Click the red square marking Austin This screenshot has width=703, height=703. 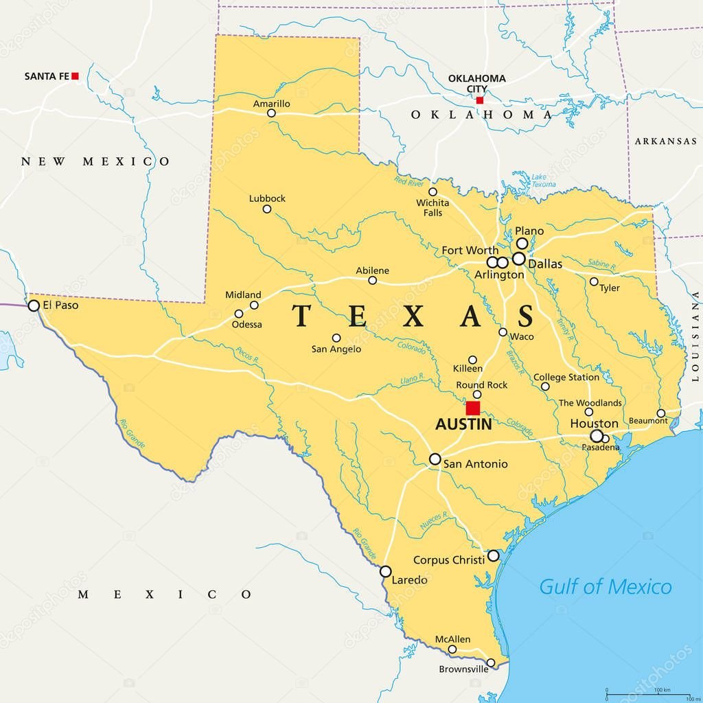[472, 408]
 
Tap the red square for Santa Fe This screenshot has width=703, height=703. [76, 76]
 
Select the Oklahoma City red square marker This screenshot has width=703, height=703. [479, 100]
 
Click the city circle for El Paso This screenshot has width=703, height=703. [34, 306]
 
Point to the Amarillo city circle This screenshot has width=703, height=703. [271, 113]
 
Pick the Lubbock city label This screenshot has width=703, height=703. [267, 198]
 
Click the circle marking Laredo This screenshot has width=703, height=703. [386, 571]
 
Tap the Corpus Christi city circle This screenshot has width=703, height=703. [493, 555]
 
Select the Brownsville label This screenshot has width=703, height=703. [464, 669]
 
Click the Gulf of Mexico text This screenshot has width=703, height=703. [605, 587]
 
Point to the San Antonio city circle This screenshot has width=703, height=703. [435, 459]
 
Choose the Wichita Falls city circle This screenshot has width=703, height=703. [433, 192]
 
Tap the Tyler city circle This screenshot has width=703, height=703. [594, 281]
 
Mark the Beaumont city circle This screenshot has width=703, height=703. [660, 413]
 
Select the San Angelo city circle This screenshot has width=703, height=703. [336, 338]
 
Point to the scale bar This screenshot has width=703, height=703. [649, 693]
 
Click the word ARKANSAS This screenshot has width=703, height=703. [665, 141]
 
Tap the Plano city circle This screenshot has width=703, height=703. [522, 244]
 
